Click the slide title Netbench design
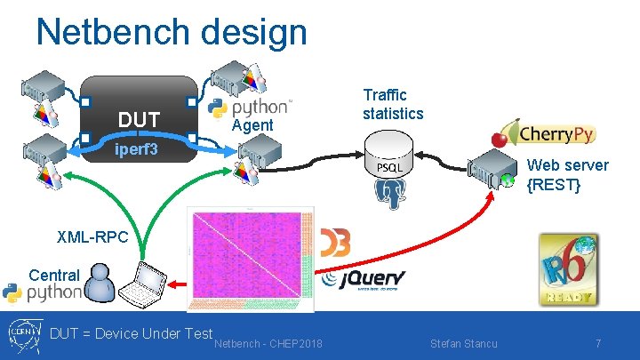click(x=171, y=33)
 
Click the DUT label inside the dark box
click(x=139, y=119)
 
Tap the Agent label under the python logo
click(x=252, y=125)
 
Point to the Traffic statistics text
click(x=393, y=104)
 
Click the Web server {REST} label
click(x=568, y=175)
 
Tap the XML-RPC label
click(x=92, y=237)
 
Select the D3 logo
click(x=334, y=242)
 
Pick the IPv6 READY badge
click(x=569, y=269)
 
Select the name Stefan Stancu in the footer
click(x=463, y=343)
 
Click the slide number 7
click(x=598, y=343)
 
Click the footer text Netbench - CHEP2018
click(x=269, y=343)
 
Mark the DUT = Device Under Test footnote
click(x=131, y=333)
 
